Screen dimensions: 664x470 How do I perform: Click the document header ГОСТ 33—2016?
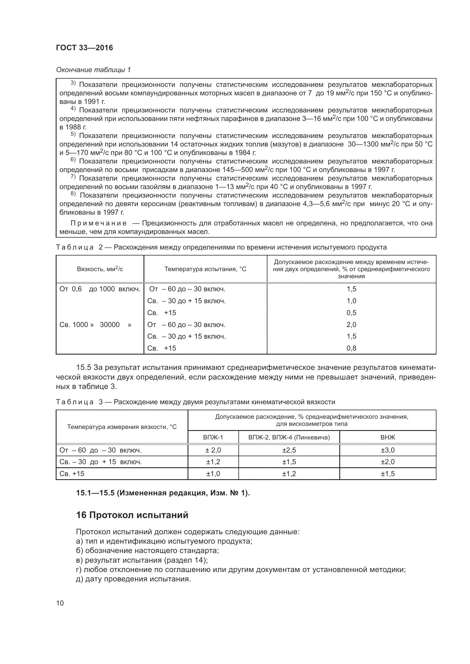(x=84, y=48)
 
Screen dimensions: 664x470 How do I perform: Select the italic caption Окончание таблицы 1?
(x=93, y=70)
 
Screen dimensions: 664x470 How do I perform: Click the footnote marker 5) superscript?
(x=73, y=134)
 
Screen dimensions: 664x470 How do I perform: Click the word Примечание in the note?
(x=99, y=223)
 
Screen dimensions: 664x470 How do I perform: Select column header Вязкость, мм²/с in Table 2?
(x=100, y=269)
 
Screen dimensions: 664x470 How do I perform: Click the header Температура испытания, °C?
(x=205, y=269)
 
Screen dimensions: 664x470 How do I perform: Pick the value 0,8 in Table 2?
(x=351, y=348)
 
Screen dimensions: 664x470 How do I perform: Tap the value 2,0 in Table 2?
(x=351, y=324)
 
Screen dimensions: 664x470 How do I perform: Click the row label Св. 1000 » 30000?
(x=95, y=324)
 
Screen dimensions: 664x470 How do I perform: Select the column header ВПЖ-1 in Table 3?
(x=213, y=437)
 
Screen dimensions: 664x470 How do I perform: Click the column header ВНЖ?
(x=388, y=437)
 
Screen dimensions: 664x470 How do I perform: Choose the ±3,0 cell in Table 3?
(x=388, y=450)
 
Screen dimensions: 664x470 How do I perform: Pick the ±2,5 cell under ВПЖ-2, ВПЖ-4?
(x=289, y=450)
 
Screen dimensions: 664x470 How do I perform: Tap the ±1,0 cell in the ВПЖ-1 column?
(x=213, y=474)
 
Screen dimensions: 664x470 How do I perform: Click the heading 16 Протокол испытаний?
(x=132, y=515)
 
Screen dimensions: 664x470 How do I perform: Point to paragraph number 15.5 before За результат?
(x=84, y=368)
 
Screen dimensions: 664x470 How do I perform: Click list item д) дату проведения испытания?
(x=134, y=579)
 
